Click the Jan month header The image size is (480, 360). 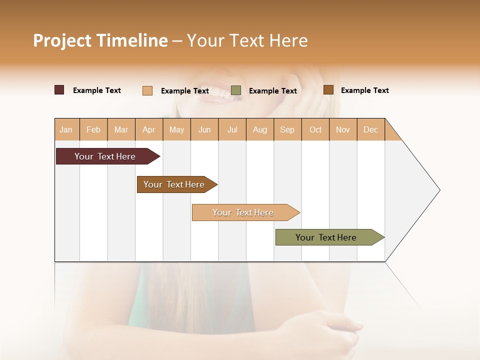[66, 129]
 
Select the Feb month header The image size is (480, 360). [93, 129]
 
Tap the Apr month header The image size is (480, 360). [148, 129]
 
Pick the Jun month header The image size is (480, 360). [204, 129]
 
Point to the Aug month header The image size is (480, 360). [259, 129]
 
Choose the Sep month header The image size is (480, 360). [287, 129]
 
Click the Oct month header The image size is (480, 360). [315, 129]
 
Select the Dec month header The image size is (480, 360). [370, 129]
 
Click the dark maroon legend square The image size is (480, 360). [59, 90]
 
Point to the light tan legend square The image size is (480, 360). [147, 90]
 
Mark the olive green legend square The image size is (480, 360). [236, 90]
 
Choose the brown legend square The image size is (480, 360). [328, 90]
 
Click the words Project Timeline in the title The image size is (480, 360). [100, 40]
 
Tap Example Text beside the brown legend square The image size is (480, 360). [364, 90]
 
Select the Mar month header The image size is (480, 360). [121, 129]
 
